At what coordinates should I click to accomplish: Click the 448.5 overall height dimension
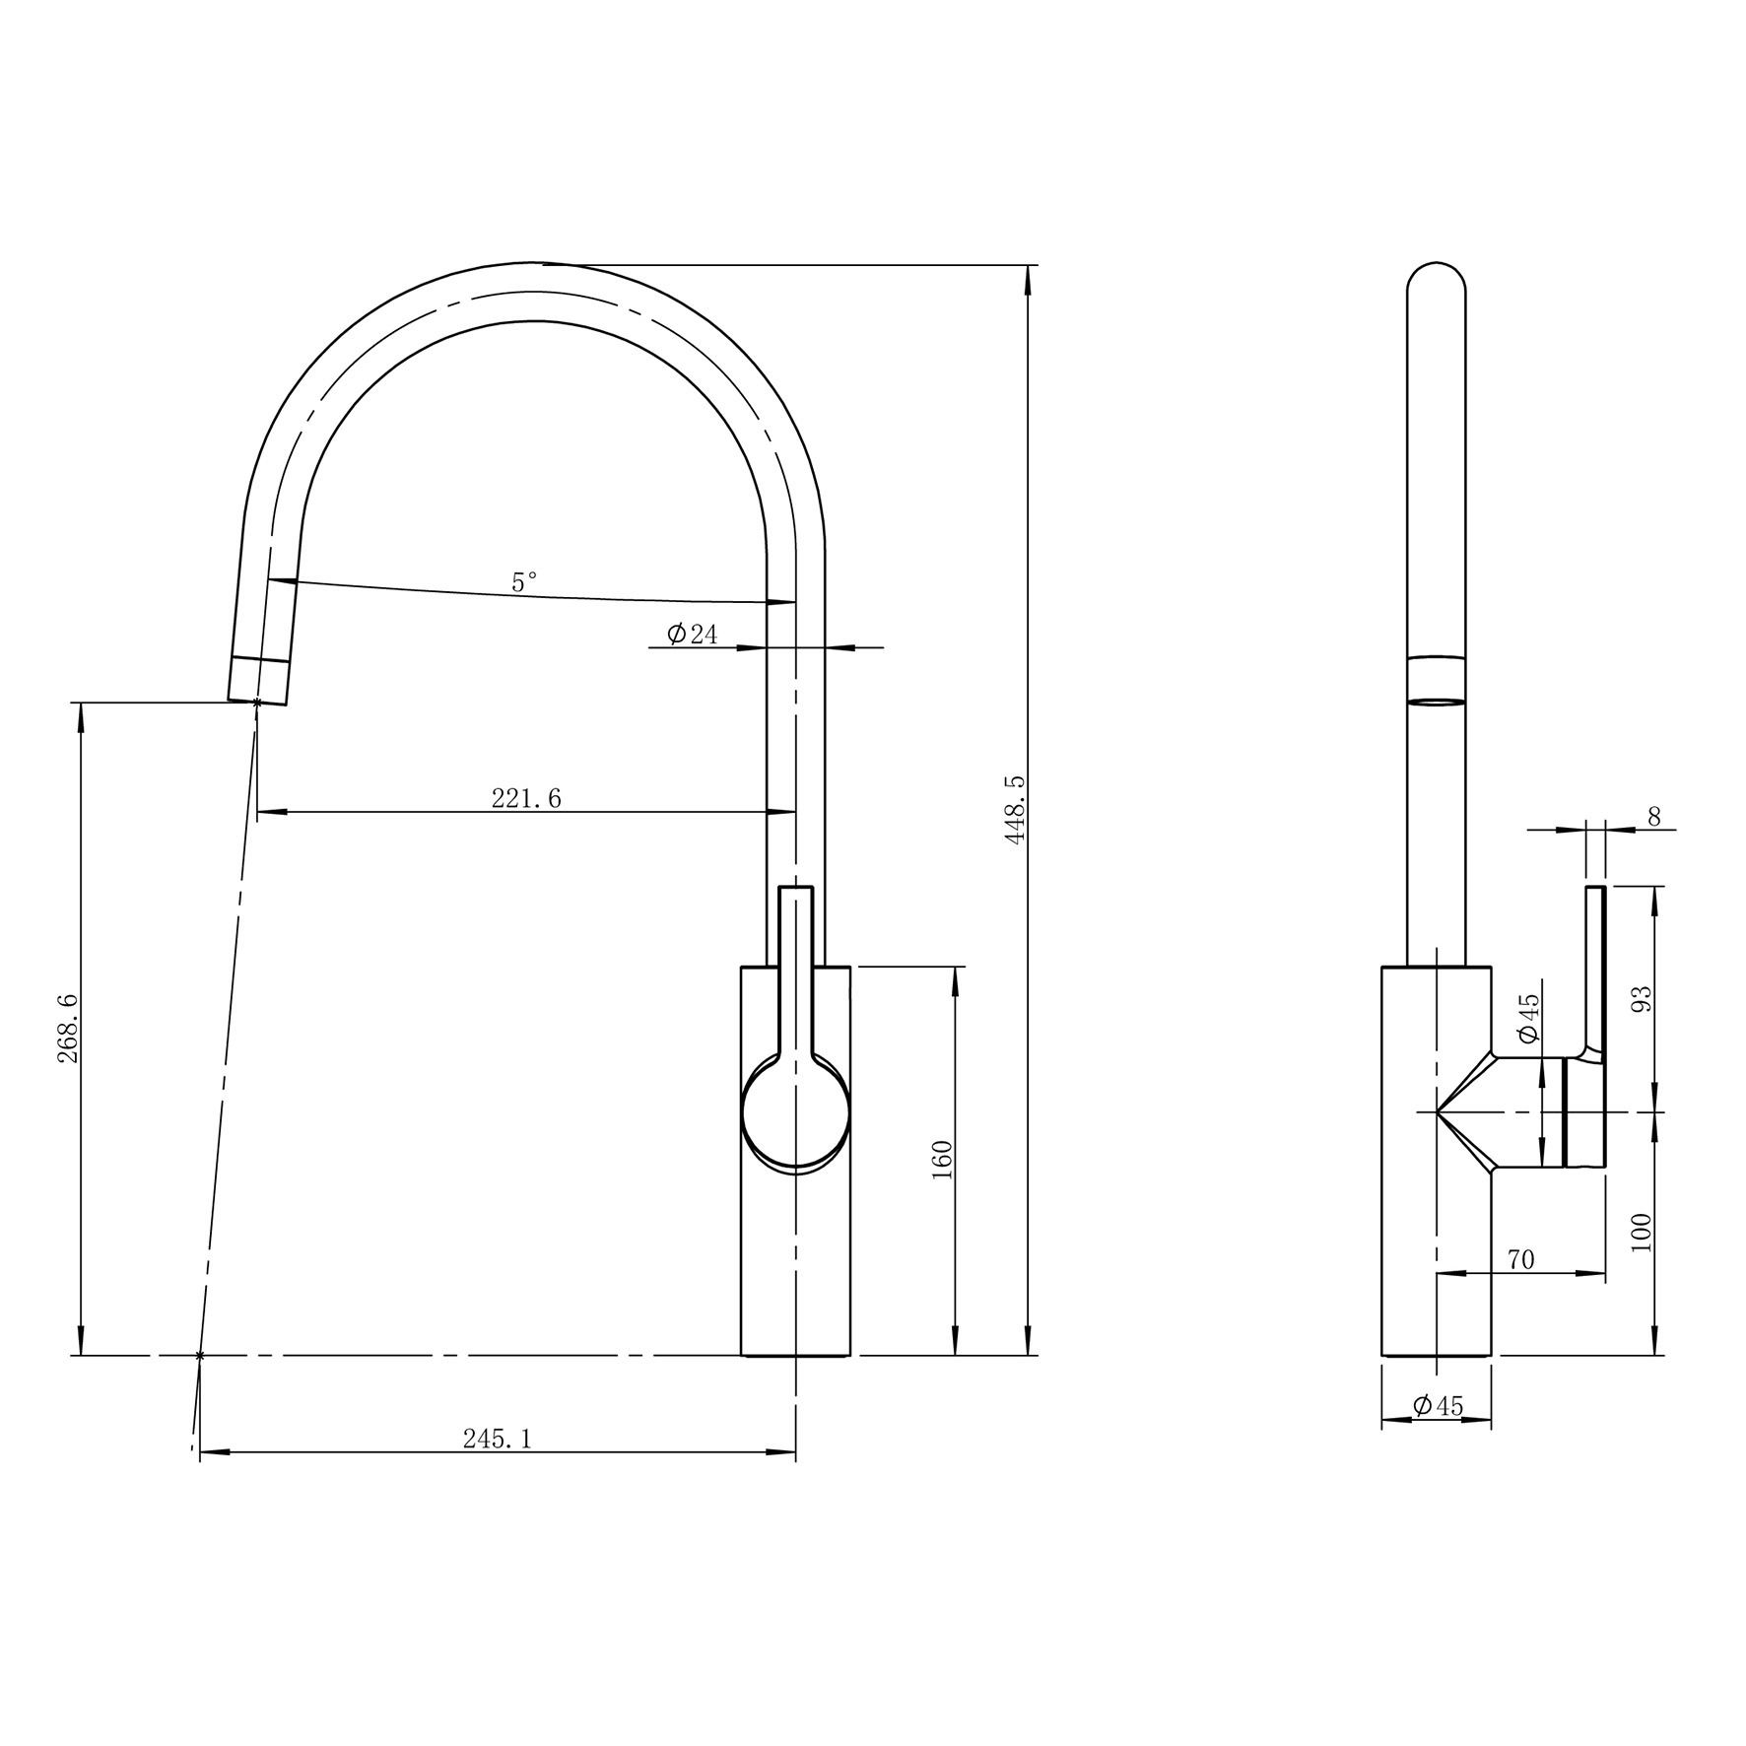point(1016,808)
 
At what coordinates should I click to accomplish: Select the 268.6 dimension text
point(68,1028)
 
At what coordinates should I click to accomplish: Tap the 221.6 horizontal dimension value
point(526,798)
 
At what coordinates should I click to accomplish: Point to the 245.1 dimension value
point(498,1440)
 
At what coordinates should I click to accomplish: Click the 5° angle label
point(524,582)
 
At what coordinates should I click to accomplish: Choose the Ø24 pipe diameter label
point(693,634)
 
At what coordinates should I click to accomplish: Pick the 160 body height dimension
point(941,1161)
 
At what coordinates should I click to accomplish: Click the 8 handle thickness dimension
point(1653,816)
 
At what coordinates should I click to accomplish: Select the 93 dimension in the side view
point(1641,999)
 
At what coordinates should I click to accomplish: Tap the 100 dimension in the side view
point(1641,1233)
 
